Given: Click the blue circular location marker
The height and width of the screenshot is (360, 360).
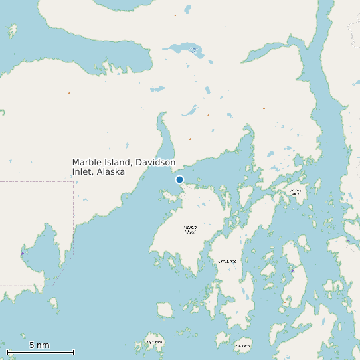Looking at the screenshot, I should [179, 179].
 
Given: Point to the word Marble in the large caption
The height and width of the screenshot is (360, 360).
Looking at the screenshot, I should [85, 162].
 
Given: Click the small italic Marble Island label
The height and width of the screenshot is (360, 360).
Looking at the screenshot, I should [190, 230].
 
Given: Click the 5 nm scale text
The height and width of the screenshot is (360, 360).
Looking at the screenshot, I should [39, 345].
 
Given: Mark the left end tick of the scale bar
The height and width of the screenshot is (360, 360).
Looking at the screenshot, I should [7, 352].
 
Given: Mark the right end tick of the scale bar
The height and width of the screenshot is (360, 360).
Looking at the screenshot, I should [74, 352].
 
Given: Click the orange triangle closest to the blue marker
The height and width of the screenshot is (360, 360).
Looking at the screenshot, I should [190, 139].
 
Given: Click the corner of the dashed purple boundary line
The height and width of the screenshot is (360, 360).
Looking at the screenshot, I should [73, 181].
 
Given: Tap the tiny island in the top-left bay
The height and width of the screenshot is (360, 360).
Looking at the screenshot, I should [11, 30].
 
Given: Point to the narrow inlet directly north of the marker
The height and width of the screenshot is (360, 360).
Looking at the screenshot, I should [163, 133].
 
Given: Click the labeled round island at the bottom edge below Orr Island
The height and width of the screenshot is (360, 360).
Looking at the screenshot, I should [242, 345].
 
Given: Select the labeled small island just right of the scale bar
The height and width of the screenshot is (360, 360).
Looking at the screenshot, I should [155, 343].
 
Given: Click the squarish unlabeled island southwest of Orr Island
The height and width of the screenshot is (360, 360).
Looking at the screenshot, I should [165, 310].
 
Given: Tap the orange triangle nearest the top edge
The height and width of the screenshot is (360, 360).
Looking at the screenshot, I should [175, 15].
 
